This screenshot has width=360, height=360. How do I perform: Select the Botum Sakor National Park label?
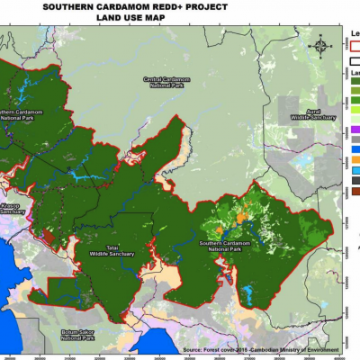coord(77,335)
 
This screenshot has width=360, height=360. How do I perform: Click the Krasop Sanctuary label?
coord(12,208)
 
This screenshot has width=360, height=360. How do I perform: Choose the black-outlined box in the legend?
coord(354,61)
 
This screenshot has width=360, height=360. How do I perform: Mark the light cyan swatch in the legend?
coord(354,170)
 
